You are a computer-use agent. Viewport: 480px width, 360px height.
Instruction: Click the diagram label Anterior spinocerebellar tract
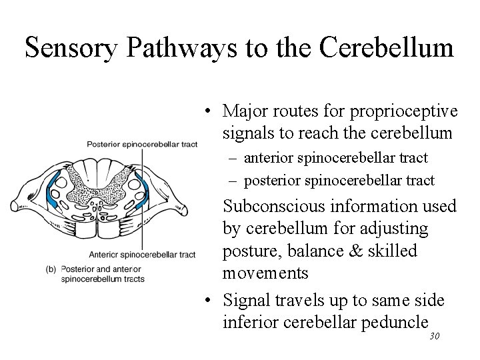click(x=142, y=254)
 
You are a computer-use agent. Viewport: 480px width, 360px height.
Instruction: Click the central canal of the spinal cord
click(x=98, y=197)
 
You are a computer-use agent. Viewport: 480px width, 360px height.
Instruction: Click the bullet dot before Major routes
click(x=209, y=111)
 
